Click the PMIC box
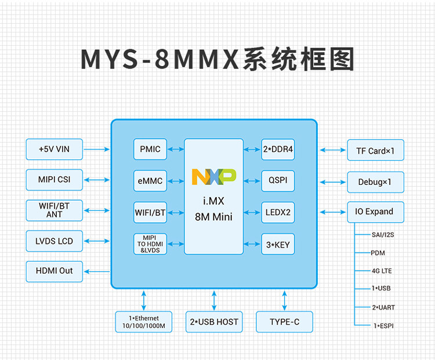[150, 149]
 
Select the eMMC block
[150, 181]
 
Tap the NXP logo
[213, 176]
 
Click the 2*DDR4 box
[277, 149]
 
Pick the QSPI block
[277, 180]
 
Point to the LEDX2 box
[277, 212]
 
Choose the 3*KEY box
[277, 244]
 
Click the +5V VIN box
[55, 149]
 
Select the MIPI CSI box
[55, 180]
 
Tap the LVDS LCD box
[55, 241]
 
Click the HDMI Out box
[55, 271]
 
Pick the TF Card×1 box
[375, 151]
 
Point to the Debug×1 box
[375, 182]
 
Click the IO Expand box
[375, 212]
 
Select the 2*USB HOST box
[214, 322]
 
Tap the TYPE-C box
[284, 322]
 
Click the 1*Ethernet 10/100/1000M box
[143, 322]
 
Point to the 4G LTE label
[382, 271]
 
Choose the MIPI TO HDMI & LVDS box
[150, 243]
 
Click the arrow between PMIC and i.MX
[176, 149]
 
